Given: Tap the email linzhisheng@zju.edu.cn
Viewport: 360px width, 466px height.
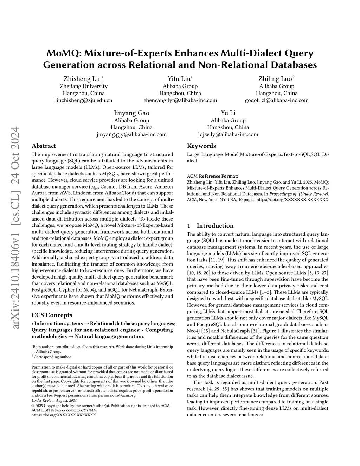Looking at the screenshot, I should point(84,100).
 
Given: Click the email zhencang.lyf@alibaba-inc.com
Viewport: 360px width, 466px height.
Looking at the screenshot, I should point(180,100).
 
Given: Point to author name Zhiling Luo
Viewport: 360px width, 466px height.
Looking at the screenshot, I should point(276,78).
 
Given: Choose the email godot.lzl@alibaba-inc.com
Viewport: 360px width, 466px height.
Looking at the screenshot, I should point(277,100).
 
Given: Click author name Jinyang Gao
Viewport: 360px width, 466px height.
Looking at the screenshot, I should point(131,113).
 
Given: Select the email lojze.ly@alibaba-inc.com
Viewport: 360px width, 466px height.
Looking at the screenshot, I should point(228,134).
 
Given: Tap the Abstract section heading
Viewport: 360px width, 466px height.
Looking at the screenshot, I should point(44,146).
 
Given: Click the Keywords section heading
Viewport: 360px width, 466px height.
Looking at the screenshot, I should point(201,146).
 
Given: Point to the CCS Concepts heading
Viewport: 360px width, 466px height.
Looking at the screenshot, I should point(52,315).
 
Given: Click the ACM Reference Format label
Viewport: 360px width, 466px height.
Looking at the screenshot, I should point(212,176).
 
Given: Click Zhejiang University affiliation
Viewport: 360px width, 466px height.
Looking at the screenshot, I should point(84,86).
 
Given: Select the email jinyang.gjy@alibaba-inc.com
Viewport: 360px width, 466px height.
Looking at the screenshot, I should point(131,134).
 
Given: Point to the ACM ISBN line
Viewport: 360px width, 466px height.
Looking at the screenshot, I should point(64,410).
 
